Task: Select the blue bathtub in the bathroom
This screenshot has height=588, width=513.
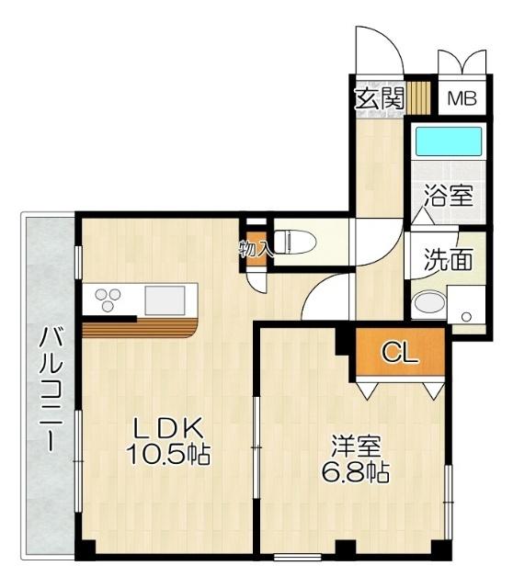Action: [447, 141]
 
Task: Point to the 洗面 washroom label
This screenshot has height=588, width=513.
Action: [448, 260]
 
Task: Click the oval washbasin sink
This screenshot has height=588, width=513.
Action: [427, 304]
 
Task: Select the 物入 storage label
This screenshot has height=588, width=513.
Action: [254, 248]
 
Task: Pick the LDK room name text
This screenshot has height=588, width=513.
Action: [170, 428]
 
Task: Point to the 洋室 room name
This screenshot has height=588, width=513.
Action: [357, 447]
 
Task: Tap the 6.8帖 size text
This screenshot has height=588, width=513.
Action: [357, 473]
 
